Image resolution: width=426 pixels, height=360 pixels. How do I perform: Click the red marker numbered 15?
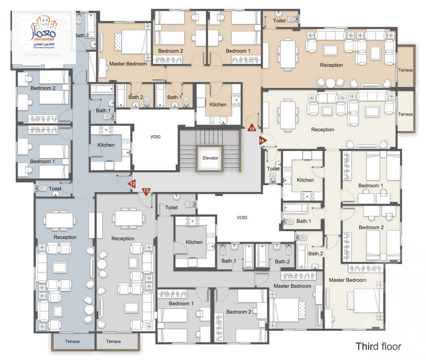[252, 128]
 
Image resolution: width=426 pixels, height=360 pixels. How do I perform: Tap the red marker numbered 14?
[262, 140]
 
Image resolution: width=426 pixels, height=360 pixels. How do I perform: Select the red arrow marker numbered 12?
[132, 184]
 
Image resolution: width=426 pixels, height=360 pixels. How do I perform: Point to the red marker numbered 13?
[146, 191]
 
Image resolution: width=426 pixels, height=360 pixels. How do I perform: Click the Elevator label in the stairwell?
[210, 158]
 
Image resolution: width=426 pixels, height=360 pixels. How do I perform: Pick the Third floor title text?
[378, 346]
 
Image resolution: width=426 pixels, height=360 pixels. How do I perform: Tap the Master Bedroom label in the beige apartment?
[128, 64]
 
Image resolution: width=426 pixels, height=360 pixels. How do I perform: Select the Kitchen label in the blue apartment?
[106, 145]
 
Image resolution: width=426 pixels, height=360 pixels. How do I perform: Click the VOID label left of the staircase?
[155, 137]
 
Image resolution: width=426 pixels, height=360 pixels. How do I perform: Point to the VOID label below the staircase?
[242, 218]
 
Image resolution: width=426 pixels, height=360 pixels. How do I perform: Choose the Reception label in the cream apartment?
[322, 130]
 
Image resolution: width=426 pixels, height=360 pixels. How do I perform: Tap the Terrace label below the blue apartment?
[72, 341]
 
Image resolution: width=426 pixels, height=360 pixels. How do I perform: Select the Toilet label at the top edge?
[279, 20]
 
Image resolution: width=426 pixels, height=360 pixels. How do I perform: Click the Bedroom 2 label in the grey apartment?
[239, 312]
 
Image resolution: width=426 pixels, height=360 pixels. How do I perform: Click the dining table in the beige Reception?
[287, 53]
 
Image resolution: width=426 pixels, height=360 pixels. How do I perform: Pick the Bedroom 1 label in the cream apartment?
[370, 186]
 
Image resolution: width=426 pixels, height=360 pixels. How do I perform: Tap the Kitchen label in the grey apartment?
[194, 242]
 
